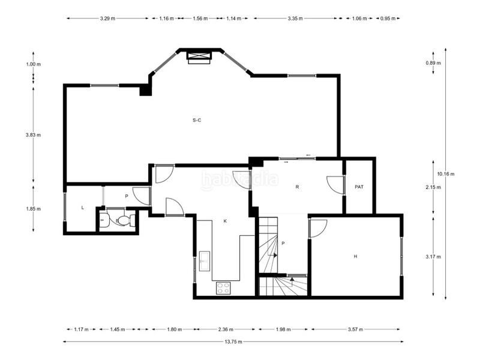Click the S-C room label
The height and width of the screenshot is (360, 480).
click(197, 121)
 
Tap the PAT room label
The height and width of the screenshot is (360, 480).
click(359, 187)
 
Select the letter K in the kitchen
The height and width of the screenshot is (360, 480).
click(226, 221)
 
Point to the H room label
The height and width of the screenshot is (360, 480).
click(355, 256)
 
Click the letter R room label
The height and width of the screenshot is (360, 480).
click(297, 187)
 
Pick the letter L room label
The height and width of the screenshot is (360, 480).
click(83, 208)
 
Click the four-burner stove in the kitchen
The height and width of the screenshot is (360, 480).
click(223, 288)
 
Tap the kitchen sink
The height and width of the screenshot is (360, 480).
click(205, 261)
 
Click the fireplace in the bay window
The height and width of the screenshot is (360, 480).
click(199, 57)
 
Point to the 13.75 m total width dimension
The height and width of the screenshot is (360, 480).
click(233, 341)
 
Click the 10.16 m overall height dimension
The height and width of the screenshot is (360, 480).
click(446, 174)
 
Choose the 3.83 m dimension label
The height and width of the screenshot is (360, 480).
click(34, 134)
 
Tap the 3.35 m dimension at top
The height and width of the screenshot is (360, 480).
click(295, 19)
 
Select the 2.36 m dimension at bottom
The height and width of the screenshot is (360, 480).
click(226, 329)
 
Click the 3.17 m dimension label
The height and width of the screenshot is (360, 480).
click(433, 257)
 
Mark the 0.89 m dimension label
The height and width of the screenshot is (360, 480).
click(433, 63)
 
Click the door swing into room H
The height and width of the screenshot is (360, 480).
click(319, 228)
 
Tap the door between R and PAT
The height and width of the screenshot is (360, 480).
click(335, 185)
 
